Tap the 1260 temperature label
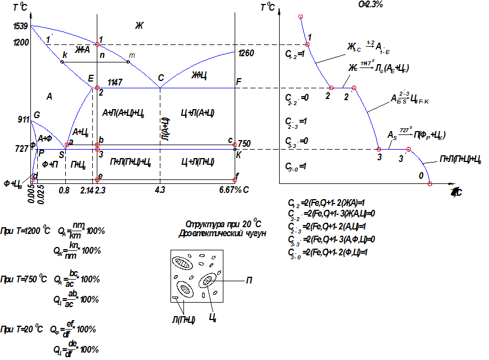[x=246, y=53]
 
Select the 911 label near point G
[x=23, y=120]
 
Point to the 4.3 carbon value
[x=160, y=190]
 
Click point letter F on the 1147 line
[x=239, y=82]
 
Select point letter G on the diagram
[x=37, y=115]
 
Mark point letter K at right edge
[x=239, y=155]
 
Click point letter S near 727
[x=61, y=155]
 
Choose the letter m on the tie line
[x=132, y=55]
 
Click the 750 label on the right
[x=244, y=143]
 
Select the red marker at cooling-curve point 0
[x=430, y=183]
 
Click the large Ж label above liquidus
[x=140, y=25]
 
